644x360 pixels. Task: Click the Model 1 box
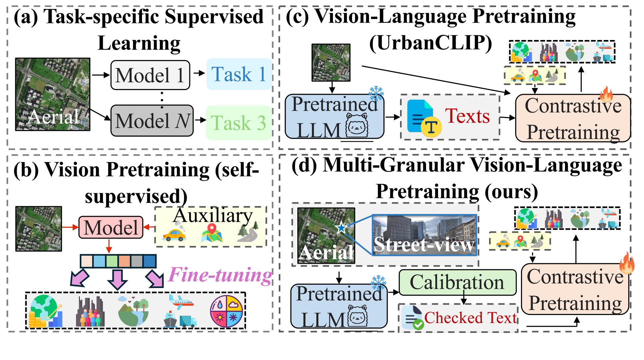coord(150,75)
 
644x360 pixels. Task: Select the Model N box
coord(152,121)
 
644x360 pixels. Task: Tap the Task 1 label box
coord(239,74)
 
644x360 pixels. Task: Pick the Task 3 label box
coord(239,123)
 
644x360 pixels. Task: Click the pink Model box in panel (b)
coord(111,227)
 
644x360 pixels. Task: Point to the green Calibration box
coord(457,282)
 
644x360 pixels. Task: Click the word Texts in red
coord(467,116)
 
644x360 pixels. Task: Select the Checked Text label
coord(470,318)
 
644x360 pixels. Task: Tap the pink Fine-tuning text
coord(220,275)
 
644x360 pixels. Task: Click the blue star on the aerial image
coord(341,228)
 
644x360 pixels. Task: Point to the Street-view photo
coord(424,235)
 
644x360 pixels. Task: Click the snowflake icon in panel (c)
coord(376,93)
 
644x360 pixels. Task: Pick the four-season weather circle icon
coord(226,311)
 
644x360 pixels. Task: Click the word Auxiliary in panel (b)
coord(213,216)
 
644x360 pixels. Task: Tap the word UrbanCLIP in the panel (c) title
coord(431,43)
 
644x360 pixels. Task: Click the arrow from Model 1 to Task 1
coord(199,73)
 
